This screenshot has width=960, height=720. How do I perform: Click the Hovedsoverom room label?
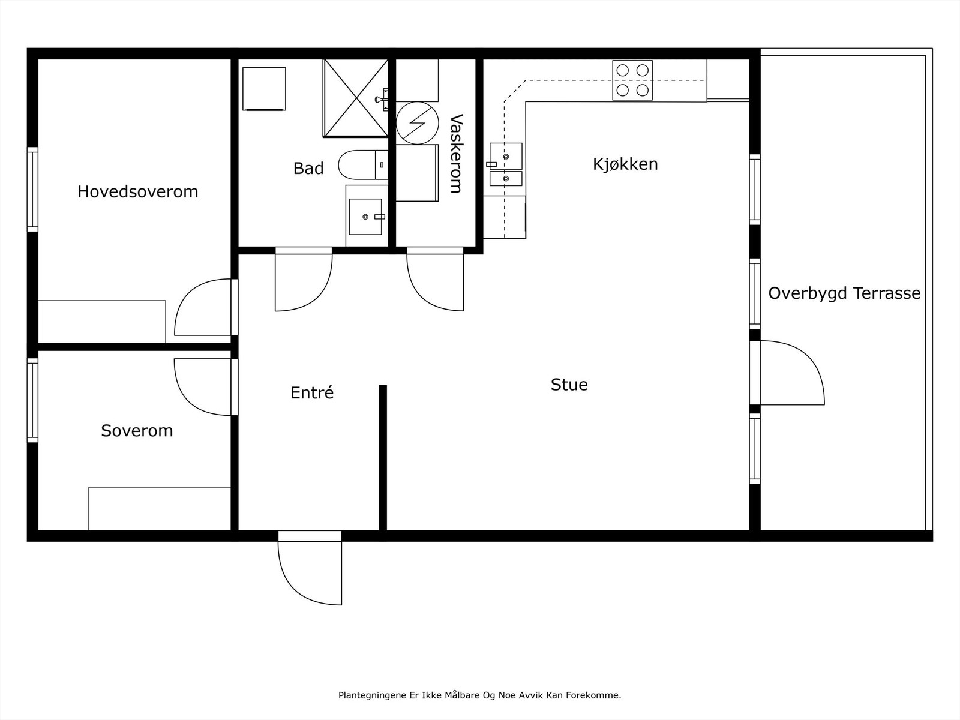[x=138, y=192]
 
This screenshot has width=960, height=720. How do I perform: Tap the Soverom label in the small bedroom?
[x=137, y=431]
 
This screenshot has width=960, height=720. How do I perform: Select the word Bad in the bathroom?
[x=308, y=169]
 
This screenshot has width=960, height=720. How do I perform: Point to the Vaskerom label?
[x=456, y=154]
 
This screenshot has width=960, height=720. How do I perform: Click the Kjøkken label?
[x=625, y=164]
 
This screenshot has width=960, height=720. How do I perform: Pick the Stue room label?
[x=569, y=385]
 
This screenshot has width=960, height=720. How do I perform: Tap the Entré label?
[x=312, y=392]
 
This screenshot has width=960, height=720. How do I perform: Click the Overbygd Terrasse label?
[x=845, y=293]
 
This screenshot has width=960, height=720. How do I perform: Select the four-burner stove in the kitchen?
[x=632, y=80]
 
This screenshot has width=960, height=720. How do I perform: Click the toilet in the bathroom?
[x=363, y=165]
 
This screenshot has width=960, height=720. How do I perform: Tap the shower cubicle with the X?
[x=356, y=98]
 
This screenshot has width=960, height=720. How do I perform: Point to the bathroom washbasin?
[x=365, y=217]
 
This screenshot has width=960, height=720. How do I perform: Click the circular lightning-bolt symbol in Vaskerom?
[x=417, y=123]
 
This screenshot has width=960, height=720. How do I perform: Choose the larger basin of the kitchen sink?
[x=506, y=156]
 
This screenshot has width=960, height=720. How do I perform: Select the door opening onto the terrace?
[x=792, y=373]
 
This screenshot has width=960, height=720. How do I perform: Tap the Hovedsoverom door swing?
[x=203, y=307]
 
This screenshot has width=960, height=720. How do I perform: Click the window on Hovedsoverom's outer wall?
[x=32, y=189]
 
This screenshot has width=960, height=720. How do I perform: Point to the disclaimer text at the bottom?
[x=480, y=695]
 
